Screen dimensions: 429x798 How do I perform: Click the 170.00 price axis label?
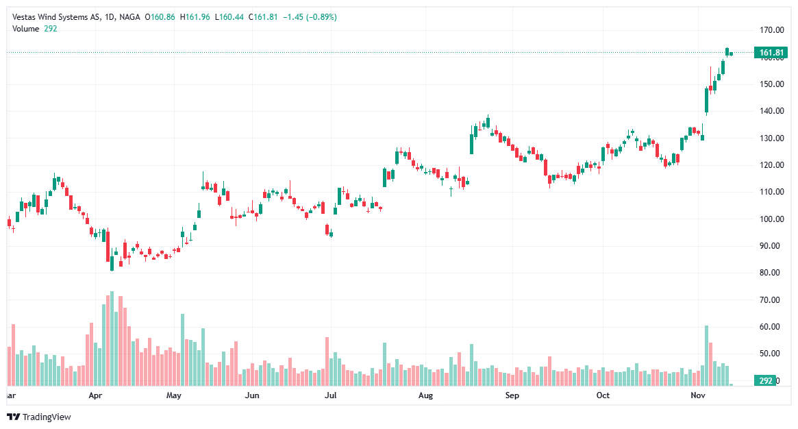[772, 30]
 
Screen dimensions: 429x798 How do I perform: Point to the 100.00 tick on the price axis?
[772, 219]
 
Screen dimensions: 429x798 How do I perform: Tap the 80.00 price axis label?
[772, 273]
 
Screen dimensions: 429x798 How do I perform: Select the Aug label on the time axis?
[425, 396]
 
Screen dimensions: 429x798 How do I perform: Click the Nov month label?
[698, 396]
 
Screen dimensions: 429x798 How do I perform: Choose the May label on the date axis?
[173, 396]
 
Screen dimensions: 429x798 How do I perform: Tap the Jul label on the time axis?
[331, 396]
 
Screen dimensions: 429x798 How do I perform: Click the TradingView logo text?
[47, 417]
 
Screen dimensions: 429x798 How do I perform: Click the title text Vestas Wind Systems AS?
[55, 17]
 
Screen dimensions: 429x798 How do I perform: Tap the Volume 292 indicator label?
[34, 28]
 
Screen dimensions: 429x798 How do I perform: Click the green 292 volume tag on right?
[764, 380]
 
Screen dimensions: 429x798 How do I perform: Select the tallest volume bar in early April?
[112, 339]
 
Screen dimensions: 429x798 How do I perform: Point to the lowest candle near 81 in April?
[112, 263]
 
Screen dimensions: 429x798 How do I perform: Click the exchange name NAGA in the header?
[129, 17]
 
